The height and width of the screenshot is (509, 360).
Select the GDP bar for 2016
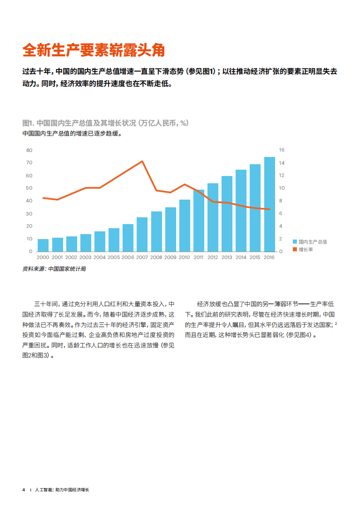pyautogui.click(x=269, y=204)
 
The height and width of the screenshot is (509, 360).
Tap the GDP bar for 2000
pyautogui.click(x=43, y=245)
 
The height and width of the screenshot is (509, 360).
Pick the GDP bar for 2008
pyautogui.click(x=157, y=231)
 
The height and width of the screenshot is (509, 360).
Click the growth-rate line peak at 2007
pyautogui.click(x=142, y=162)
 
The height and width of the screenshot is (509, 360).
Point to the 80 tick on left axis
pyautogui.click(x=30, y=150)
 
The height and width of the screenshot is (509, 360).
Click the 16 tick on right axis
pyautogui.click(x=281, y=150)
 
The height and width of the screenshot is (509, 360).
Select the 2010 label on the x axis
pyautogui.click(x=184, y=257)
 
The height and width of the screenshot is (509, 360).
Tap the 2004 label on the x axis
pyautogui.click(x=100, y=257)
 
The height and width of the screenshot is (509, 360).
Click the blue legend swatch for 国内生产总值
pyautogui.click(x=295, y=242)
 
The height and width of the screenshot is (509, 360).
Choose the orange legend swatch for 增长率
pyautogui.click(x=295, y=250)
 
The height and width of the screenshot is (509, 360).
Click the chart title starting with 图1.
pyautogui.click(x=105, y=123)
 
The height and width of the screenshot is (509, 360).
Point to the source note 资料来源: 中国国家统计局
pyautogui.click(x=54, y=269)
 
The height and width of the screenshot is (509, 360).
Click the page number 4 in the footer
pyautogui.click(x=24, y=490)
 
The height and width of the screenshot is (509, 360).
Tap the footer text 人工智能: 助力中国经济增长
pyautogui.click(x=62, y=490)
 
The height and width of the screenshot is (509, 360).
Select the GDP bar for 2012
pyautogui.click(x=213, y=217)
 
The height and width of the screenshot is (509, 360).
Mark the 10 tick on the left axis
pyautogui.click(x=30, y=239)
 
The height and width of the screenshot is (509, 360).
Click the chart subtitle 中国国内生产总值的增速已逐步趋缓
pyautogui.click(x=72, y=134)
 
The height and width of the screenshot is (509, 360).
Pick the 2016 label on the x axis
pyautogui.click(x=269, y=257)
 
